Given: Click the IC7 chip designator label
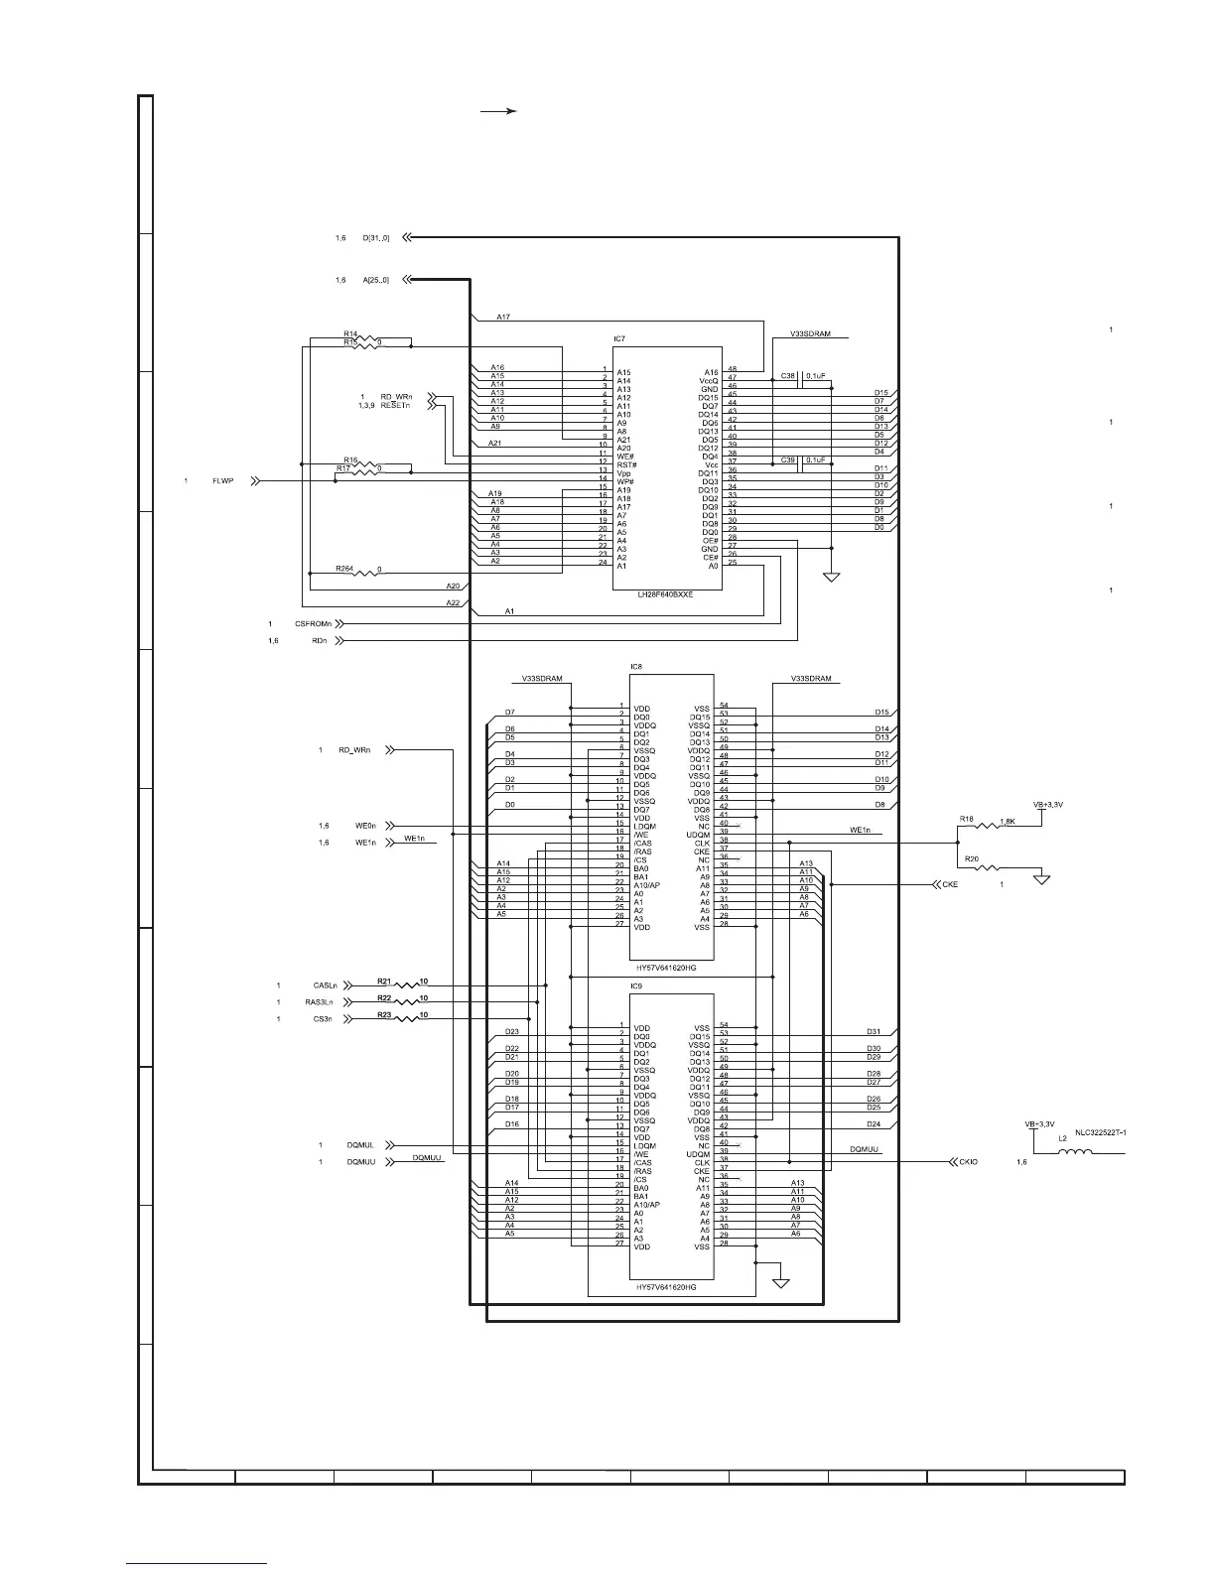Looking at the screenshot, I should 619,339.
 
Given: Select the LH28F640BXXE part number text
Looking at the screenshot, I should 665,594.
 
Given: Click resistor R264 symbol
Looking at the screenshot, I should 368,572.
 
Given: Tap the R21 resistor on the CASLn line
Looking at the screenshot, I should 408,985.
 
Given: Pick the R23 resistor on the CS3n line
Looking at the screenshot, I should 408,1019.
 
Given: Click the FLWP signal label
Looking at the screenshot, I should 223,481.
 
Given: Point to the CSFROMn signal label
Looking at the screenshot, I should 314,624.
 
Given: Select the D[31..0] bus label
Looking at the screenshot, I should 376,238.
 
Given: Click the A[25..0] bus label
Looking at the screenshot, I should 376,281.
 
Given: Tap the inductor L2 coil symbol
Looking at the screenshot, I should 1077,1153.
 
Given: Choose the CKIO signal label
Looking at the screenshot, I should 968,1161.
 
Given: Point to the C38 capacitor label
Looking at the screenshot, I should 788,376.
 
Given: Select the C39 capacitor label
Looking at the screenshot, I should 788,459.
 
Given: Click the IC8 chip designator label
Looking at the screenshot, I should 636,667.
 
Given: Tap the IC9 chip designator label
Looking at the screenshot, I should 636,986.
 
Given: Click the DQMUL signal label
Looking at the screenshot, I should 359,1145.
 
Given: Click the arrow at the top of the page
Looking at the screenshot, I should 499,112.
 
